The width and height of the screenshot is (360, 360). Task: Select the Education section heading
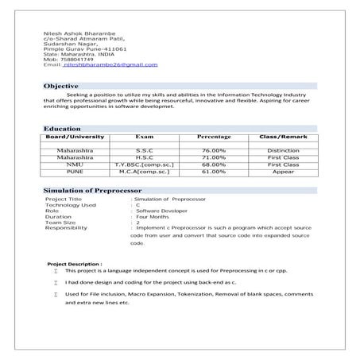[62, 129]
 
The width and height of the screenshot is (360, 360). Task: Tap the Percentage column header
[214, 137]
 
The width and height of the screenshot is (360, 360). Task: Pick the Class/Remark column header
[283, 137]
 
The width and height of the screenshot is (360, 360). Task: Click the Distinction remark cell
[283, 149]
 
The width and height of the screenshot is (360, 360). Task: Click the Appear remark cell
[283, 171]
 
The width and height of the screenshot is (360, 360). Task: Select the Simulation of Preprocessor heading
[92, 192]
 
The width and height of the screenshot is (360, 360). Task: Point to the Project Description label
[75, 262]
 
